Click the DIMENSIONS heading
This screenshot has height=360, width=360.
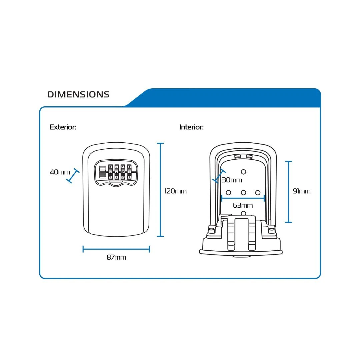78,94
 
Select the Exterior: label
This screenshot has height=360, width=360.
63,127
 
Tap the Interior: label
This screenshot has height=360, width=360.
191,127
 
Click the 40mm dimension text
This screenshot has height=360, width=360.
60,172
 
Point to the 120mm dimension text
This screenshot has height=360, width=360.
175,191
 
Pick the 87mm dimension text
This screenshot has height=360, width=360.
116,257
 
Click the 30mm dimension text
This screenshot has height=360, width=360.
232,180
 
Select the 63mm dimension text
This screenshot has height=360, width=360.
243,205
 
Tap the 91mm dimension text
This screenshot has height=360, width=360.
302,191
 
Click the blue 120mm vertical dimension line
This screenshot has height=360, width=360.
160,190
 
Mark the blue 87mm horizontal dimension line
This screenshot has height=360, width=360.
116,249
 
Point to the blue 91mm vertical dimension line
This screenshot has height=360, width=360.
289,192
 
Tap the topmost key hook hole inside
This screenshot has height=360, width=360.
243,172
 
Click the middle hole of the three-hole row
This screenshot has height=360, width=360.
243,193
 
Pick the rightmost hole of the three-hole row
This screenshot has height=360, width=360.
258,193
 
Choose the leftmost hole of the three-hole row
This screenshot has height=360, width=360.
229,193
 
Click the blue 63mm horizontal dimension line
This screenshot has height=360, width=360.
243,198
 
